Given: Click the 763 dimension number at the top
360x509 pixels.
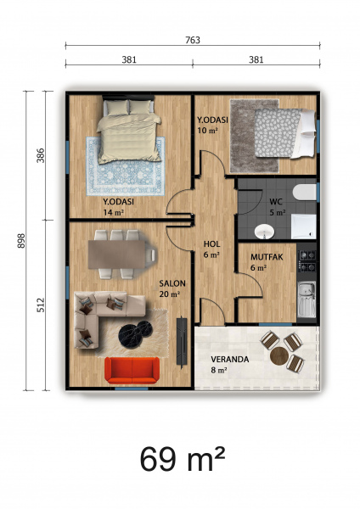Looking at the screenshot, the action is (x=193, y=40).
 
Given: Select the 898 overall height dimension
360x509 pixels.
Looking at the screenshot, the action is (x=21, y=241).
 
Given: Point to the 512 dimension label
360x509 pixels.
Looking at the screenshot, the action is (x=41, y=305).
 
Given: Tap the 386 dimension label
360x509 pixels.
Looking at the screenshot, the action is (x=41, y=155).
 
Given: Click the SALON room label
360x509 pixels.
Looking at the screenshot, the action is (x=172, y=283).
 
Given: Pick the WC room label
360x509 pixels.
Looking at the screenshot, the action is (x=276, y=202).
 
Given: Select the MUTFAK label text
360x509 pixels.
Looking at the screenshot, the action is (x=267, y=257).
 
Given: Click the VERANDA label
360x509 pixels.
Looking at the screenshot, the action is (x=230, y=360).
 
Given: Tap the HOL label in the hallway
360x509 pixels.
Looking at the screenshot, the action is (x=212, y=244).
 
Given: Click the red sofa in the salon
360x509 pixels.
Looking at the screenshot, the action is (x=132, y=371).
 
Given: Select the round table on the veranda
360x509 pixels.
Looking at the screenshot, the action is (x=279, y=356).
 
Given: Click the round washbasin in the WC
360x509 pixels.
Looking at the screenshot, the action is (x=264, y=232).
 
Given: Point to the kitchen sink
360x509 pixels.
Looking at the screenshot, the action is (x=307, y=299).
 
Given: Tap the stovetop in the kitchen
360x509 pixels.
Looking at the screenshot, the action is (x=307, y=261).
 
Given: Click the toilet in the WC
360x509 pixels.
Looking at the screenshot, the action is (x=304, y=193).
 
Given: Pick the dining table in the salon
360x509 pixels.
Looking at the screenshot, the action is (x=116, y=255).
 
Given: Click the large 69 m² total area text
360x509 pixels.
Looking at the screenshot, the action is (x=183, y=459).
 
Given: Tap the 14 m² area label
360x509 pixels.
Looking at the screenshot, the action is (x=114, y=213).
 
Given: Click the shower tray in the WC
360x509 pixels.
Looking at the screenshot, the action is (x=303, y=227).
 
